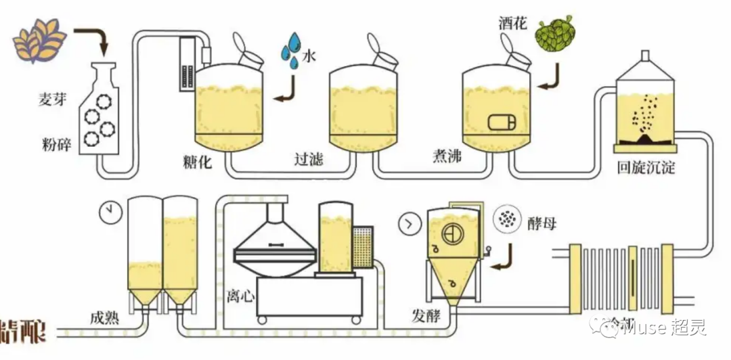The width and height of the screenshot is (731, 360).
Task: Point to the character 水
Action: tap(309, 57)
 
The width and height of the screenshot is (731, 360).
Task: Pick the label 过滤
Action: tap(309, 160)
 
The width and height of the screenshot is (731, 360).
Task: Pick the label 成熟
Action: tap(104, 317)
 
